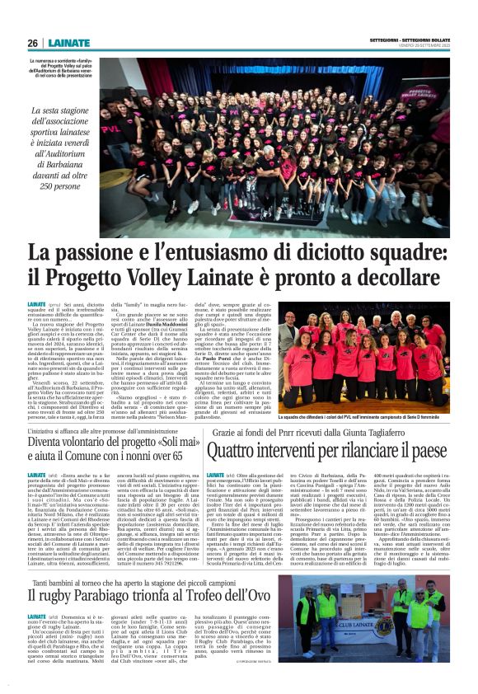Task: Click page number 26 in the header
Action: pyautogui.click(x=32, y=43)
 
